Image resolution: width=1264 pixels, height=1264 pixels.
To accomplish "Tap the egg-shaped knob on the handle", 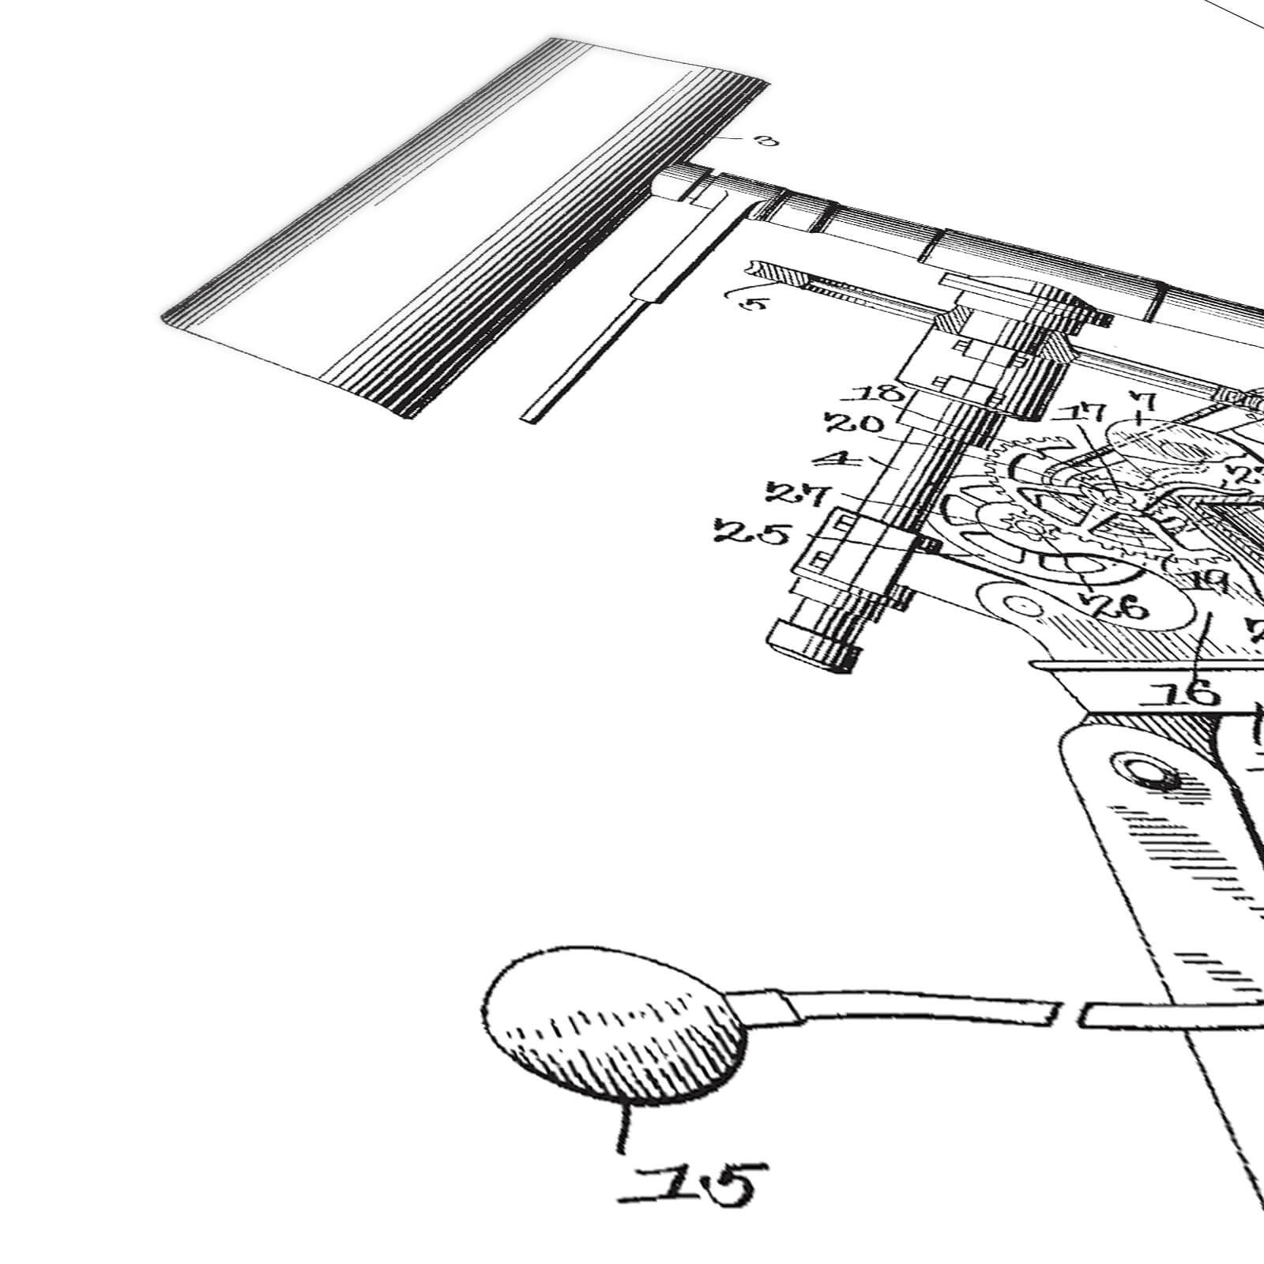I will pos(615,1025).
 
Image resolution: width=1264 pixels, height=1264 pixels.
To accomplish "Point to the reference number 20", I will pos(856,424).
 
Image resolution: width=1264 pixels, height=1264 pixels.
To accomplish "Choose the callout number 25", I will pos(751,533).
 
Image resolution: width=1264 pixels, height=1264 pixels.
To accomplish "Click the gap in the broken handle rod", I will pos(1068,1014).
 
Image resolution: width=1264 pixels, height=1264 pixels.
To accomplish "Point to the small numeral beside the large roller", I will pos(765,141).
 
